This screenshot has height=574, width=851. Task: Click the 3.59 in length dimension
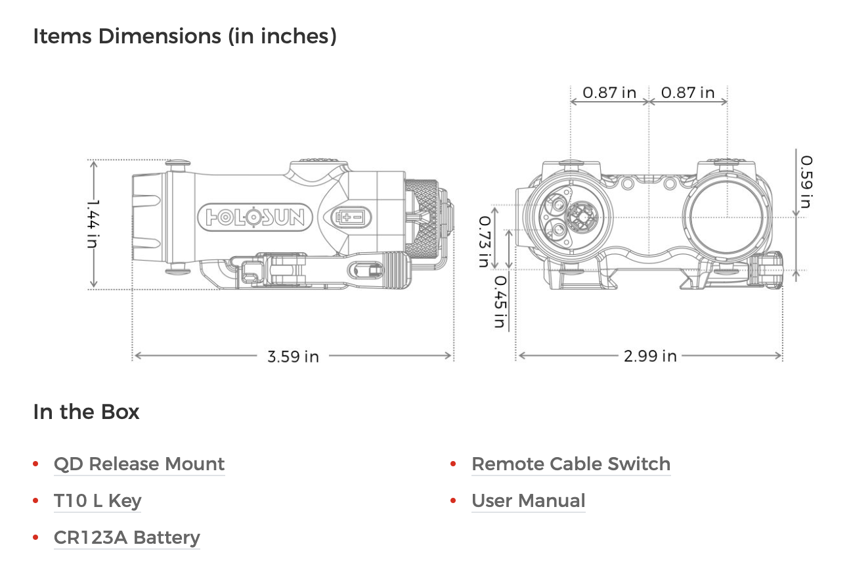[x=293, y=357]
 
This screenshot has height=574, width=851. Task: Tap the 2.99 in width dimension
[x=650, y=357]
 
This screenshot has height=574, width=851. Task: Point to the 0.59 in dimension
[x=805, y=181]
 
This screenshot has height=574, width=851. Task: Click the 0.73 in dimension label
[x=483, y=241]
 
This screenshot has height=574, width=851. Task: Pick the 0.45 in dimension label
[x=500, y=301]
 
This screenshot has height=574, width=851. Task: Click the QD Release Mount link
[x=139, y=464]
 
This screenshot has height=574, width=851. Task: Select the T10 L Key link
[x=97, y=501]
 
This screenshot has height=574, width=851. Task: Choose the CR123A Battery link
[x=127, y=538]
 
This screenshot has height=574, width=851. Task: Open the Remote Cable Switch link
[x=571, y=464]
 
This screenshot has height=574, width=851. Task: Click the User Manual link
[x=528, y=501]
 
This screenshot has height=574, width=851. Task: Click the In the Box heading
[x=86, y=412]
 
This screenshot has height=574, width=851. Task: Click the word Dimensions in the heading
[x=159, y=36]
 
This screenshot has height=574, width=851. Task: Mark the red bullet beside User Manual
[x=453, y=501]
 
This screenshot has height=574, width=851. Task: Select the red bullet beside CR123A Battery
[x=35, y=538]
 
